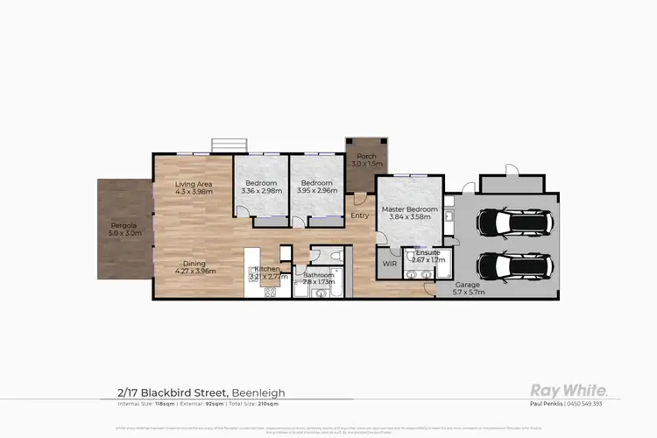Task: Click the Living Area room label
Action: (193, 184)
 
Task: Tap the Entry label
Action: (360, 215)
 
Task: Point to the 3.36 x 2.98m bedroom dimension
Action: (260, 190)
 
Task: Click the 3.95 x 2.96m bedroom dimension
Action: (316, 190)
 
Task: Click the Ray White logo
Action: (572, 390)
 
